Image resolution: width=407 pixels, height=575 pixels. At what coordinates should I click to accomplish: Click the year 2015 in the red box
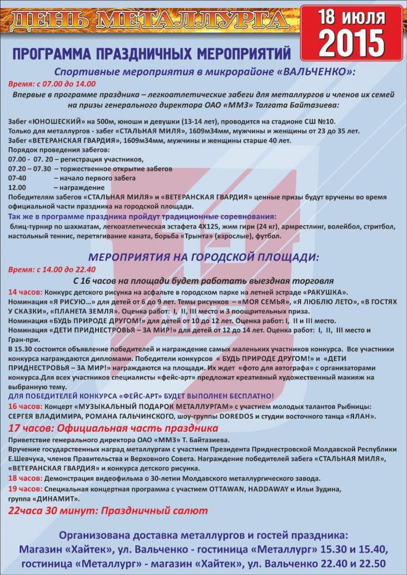point(353,41)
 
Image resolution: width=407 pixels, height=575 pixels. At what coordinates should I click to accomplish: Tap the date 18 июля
point(353,16)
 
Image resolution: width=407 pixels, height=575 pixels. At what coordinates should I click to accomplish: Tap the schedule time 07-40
point(18,178)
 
